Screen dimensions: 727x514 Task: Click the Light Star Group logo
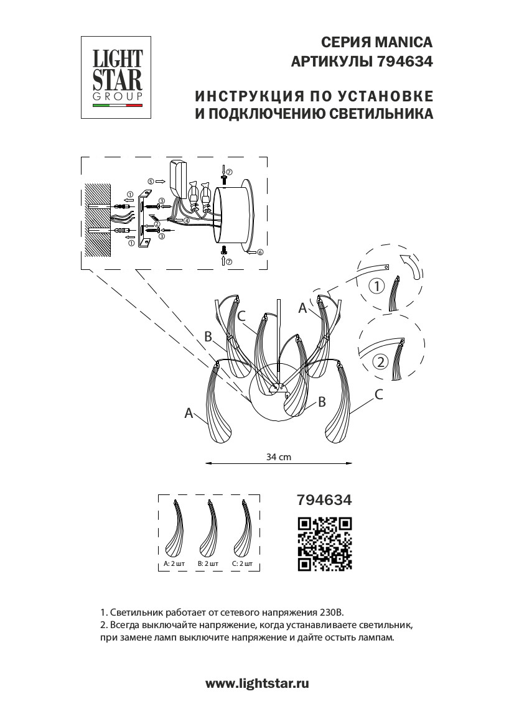pyautogui.click(x=118, y=77)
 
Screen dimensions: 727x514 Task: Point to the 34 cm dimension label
pyautogui.click(x=278, y=456)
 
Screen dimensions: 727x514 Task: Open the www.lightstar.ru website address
pyautogui.click(x=257, y=683)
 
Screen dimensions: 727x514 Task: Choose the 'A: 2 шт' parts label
pyautogui.click(x=174, y=563)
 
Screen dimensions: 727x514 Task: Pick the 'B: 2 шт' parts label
pyautogui.click(x=208, y=563)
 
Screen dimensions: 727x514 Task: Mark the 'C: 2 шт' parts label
pyautogui.click(x=241, y=563)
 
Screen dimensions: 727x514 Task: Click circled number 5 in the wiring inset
pyautogui.click(x=150, y=181)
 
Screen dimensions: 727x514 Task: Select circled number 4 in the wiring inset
pyautogui.click(x=187, y=220)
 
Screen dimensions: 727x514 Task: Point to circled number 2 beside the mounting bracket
pyautogui.click(x=157, y=224)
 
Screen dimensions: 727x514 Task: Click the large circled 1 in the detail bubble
pyautogui.click(x=377, y=287)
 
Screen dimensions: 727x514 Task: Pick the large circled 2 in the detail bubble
pyautogui.click(x=380, y=362)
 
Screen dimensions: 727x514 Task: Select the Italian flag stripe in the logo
pyautogui.click(x=118, y=106)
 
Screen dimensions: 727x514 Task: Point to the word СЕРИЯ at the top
pyautogui.click(x=343, y=42)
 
